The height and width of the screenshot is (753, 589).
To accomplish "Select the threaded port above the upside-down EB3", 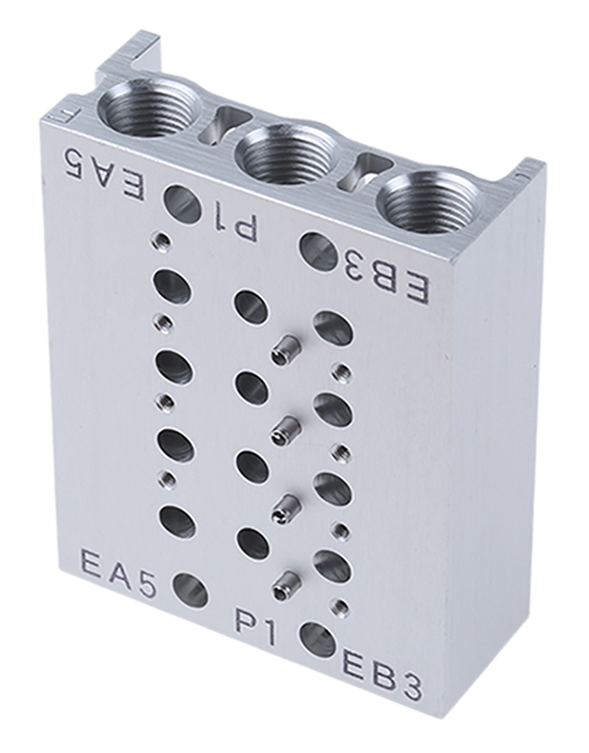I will (x=429, y=201).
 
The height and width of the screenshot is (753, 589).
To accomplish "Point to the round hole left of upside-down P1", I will (x=183, y=204).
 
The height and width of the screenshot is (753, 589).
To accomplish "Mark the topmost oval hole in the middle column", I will (x=251, y=306).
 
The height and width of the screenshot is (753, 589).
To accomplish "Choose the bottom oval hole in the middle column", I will (x=254, y=543).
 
